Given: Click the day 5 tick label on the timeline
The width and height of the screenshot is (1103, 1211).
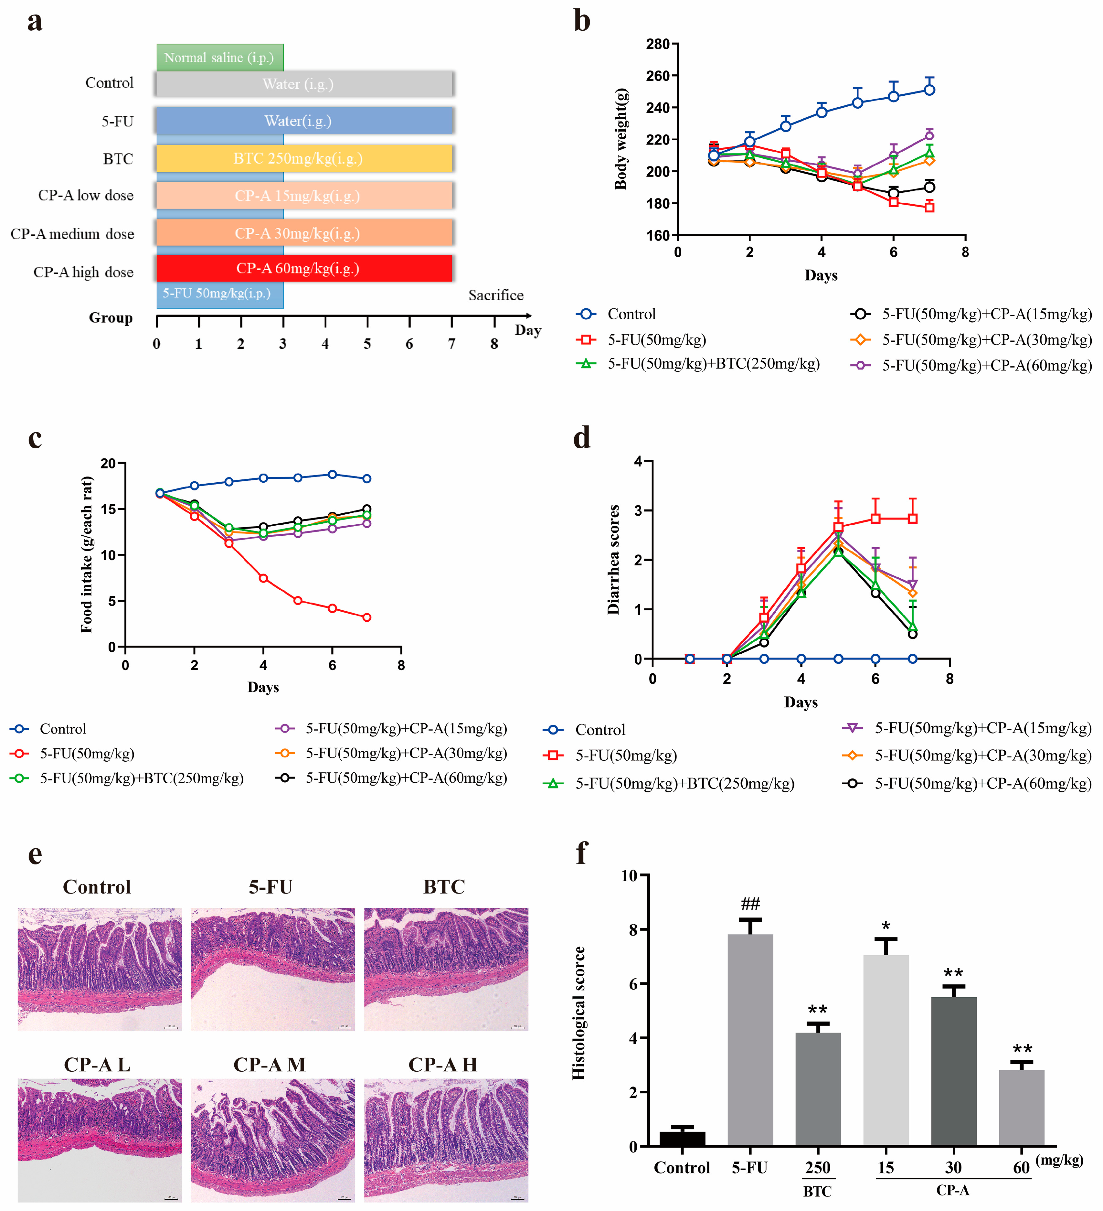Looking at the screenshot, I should pos(367,344).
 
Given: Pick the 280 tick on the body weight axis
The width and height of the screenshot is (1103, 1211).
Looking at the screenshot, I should pos(657,44).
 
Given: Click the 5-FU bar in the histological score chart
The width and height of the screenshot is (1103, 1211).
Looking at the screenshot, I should pos(750,1039).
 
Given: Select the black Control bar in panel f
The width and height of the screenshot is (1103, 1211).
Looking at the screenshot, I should pos(682,1138).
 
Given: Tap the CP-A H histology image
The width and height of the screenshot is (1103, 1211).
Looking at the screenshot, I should pos(446,1140).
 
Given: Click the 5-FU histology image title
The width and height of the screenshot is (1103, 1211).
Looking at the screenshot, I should pos(271,887).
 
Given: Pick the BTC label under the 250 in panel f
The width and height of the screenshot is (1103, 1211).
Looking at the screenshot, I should pos(817,1191).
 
